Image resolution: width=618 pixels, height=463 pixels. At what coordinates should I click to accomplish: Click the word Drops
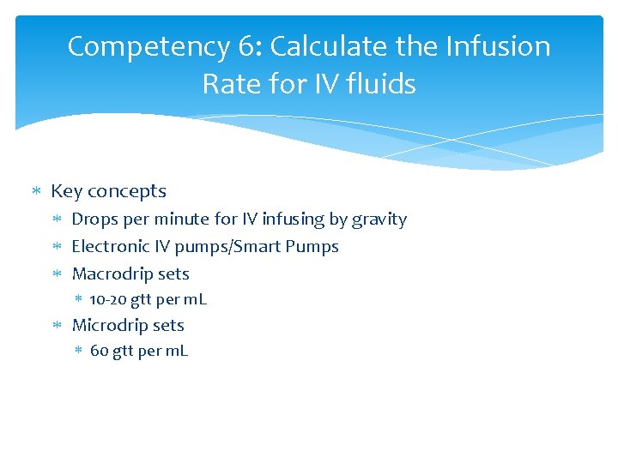[94, 219]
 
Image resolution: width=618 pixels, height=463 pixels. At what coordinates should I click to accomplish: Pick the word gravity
[379, 219]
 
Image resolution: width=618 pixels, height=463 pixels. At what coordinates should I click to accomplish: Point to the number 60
[99, 352]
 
